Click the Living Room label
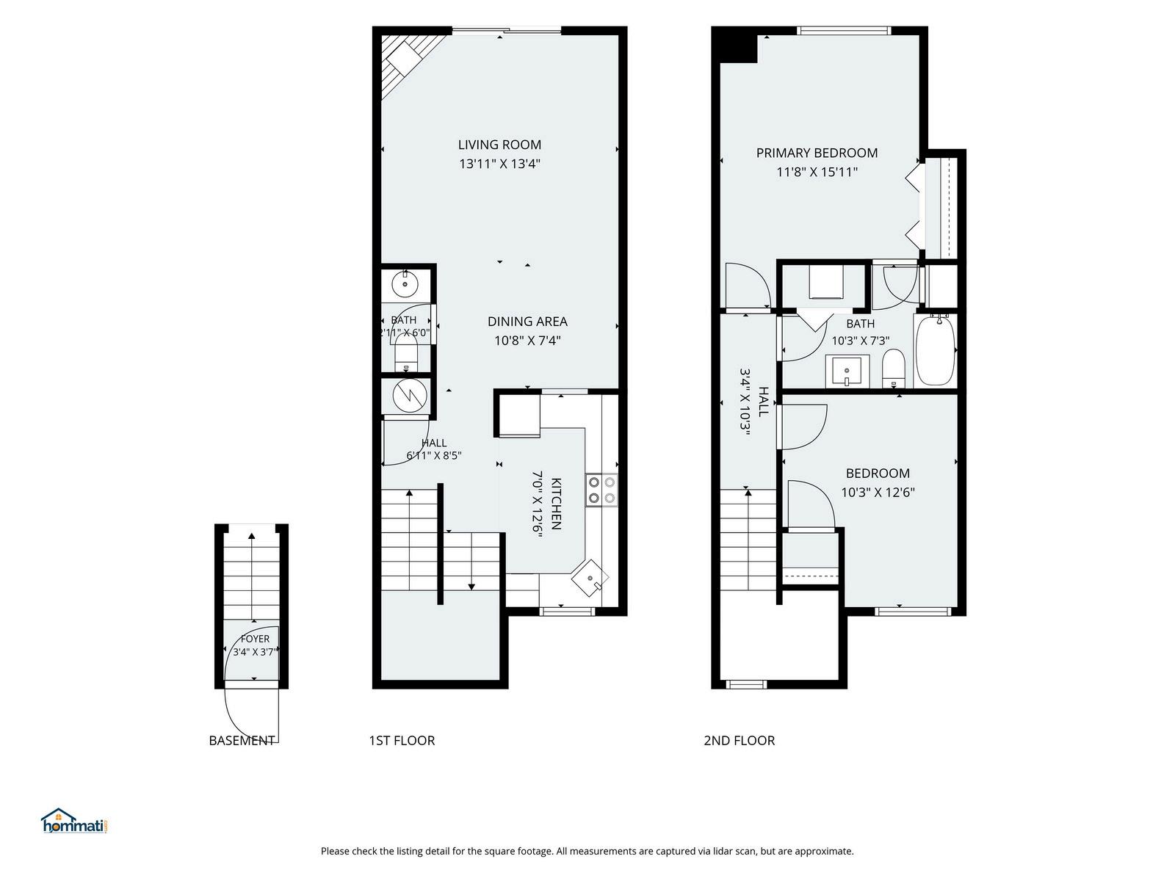[x=499, y=145]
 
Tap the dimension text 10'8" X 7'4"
[x=527, y=340]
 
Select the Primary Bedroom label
[x=817, y=153]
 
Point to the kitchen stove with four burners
[x=601, y=490]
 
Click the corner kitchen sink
[x=590, y=578]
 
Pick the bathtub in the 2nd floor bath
[x=935, y=350]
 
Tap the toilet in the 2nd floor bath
[x=893, y=369]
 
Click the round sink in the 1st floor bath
[x=405, y=283]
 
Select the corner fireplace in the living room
[x=408, y=62]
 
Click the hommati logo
[x=76, y=821]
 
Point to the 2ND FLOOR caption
[x=739, y=740]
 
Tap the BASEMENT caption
[x=242, y=740]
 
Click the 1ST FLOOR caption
[x=402, y=740]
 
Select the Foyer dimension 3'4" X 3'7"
[x=254, y=651]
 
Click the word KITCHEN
[x=556, y=504]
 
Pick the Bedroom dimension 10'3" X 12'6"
[x=878, y=492]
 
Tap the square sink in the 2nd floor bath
[x=847, y=371]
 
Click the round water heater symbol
[x=410, y=396]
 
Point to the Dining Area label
[x=527, y=322]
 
